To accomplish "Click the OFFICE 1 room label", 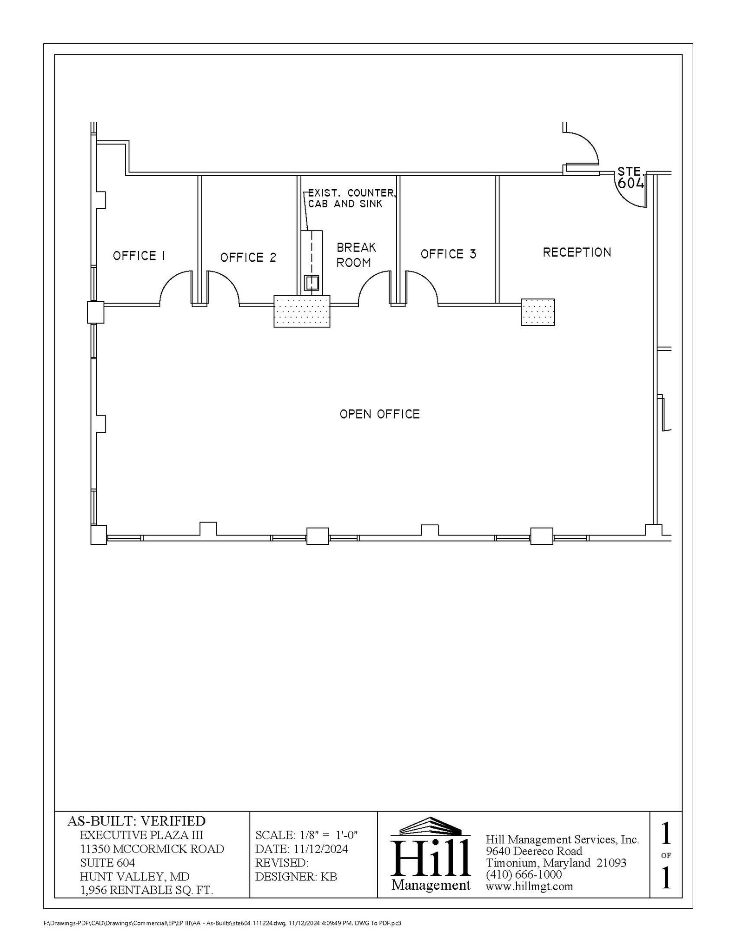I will [139, 256].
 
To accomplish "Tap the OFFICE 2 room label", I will [248, 258].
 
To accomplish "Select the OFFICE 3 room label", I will [448, 254].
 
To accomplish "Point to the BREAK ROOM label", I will [356, 255].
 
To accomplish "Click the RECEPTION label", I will [577, 252].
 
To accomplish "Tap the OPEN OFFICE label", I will [379, 414].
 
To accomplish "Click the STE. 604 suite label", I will [630, 178].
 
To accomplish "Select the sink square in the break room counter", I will [311, 283].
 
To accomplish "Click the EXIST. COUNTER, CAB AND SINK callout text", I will [351, 198].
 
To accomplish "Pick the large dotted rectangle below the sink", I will [301, 311].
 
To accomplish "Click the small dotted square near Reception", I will [537, 312].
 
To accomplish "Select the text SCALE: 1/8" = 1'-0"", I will [306, 835].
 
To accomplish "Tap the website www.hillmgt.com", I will [529, 886].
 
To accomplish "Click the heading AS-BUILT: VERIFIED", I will [136, 821].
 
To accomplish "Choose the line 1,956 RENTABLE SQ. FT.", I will [146, 890].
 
